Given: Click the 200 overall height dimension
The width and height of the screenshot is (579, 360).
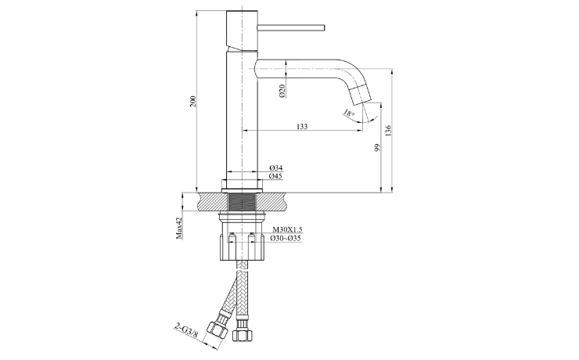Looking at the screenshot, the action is point(192,101).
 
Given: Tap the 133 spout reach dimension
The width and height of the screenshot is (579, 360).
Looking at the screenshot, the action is point(302,127).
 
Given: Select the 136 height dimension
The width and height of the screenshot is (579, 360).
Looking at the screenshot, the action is point(388,131).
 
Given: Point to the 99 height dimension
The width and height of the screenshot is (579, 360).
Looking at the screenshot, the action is point(377,148).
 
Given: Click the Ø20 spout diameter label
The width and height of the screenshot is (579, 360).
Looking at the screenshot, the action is point(282,91).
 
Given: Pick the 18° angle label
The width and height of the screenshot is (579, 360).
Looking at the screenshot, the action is point(349,113).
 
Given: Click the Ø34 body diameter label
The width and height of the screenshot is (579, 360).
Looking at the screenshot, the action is point(275,168).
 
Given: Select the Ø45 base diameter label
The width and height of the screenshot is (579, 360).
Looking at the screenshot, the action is point(275,176).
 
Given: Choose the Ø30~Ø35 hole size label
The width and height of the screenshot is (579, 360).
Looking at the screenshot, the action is point(286,238).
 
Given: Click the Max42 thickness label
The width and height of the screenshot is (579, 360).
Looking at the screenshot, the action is point(179,228).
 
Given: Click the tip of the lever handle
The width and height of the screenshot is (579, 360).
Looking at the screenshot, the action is point(324,27).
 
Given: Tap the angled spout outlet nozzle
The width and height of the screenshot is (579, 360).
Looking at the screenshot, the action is point(360,94).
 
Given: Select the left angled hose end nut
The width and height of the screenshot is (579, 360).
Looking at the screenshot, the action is point(217,330).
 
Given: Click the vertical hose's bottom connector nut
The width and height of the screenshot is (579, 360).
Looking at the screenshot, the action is point(243,333).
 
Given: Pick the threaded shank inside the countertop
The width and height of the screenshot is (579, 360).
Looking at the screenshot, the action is point(242,202).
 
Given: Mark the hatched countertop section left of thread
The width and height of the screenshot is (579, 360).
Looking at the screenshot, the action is point(213,202).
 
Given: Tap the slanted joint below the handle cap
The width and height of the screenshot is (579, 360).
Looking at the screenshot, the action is point(242,49).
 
